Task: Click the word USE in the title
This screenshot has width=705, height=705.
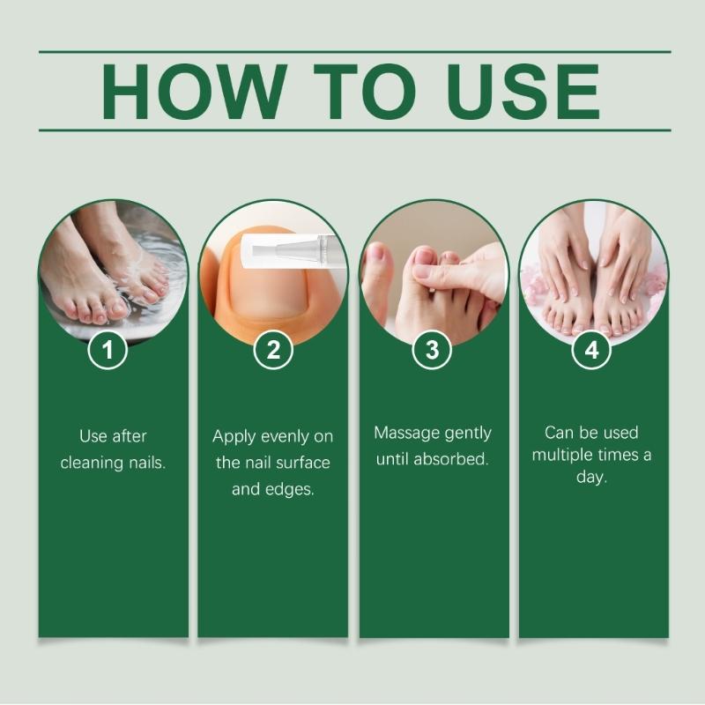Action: point(523,92)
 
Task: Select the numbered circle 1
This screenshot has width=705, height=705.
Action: point(108,349)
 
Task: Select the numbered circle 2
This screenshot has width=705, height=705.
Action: point(273,349)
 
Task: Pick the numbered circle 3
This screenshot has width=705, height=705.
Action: point(432,349)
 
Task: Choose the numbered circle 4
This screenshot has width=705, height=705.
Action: point(591,349)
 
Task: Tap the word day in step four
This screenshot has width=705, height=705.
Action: point(591,477)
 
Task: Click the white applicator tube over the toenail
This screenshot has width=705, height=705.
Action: point(293,249)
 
